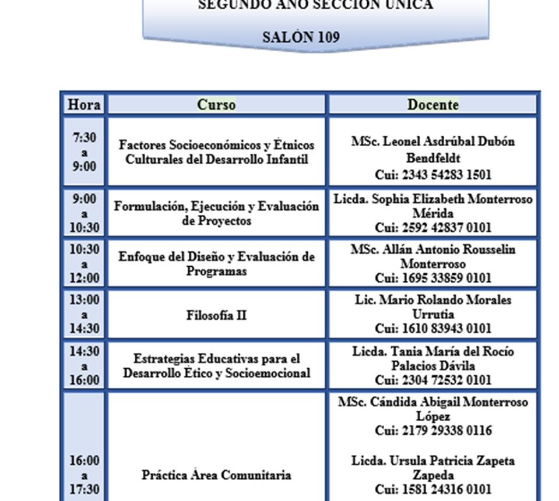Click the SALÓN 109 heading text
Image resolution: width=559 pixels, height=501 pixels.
pyautogui.click(x=301, y=37)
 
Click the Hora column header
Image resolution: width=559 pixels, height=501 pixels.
pyautogui.click(x=85, y=105)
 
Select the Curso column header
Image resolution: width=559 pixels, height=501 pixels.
pyautogui.click(x=216, y=105)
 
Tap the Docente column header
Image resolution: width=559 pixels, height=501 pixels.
pyautogui.click(x=433, y=105)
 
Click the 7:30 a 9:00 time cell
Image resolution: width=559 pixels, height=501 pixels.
pyautogui.click(x=85, y=152)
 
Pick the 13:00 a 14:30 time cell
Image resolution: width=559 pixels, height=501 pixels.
pyautogui.click(x=85, y=314)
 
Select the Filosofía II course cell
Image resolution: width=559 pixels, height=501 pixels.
pyautogui.click(x=216, y=315)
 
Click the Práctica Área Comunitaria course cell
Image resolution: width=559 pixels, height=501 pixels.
pyautogui.click(x=216, y=475)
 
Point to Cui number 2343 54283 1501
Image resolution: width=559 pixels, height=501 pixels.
pyautogui.click(x=433, y=174)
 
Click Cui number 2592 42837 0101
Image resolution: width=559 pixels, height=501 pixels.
pyautogui.click(x=433, y=227)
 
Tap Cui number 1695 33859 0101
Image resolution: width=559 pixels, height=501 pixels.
pyautogui.click(x=433, y=278)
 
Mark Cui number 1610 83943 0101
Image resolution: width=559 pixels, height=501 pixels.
pyautogui.click(x=433, y=329)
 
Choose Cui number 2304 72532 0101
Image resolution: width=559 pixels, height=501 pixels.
pyautogui.click(x=433, y=380)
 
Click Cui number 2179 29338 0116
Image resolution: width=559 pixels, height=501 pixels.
pyautogui.click(x=433, y=431)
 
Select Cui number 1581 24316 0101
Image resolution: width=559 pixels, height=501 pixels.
pyautogui.click(x=433, y=489)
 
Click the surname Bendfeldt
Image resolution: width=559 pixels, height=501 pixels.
pyautogui.click(x=433, y=158)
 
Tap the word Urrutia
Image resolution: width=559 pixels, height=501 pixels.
pyautogui.click(x=433, y=315)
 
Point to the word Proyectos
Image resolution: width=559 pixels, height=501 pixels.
pyautogui.click(x=216, y=221)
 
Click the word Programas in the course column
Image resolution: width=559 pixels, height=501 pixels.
pyautogui.click(x=216, y=271)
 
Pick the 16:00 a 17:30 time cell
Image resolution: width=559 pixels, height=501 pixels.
pyautogui.click(x=85, y=475)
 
